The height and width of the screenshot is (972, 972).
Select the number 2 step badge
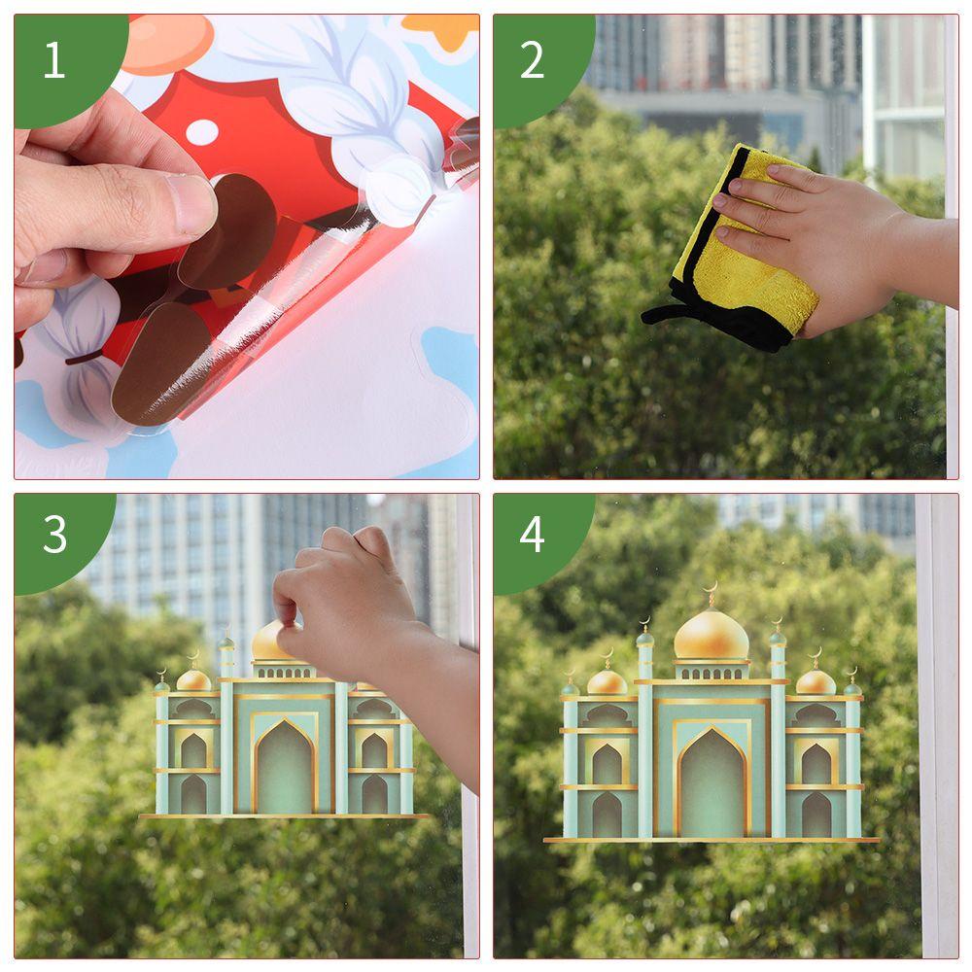pyautogui.click(x=533, y=60)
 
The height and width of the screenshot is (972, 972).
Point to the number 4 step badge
pyautogui.click(x=533, y=536)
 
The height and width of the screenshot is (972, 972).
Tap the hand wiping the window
pyautogui.click(x=816, y=243)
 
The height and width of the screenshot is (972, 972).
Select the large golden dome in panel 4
pyautogui.click(x=712, y=636)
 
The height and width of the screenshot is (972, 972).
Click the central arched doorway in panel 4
pyautogui.click(x=712, y=783)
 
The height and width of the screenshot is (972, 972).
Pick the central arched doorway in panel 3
pyautogui.click(x=285, y=768)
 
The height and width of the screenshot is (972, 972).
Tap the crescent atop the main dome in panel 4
pyautogui.click(x=711, y=588)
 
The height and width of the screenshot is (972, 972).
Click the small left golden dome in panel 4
pyautogui.click(x=607, y=682)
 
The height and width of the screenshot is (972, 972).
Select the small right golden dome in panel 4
pyautogui.click(x=816, y=682)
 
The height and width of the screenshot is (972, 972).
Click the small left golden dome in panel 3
pyautogui.click(x=193, y=680)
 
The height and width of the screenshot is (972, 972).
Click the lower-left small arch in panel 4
pyautogui.click(x=607, y=815)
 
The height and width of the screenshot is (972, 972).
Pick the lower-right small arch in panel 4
pyautogui.click(x=816, y=815)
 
